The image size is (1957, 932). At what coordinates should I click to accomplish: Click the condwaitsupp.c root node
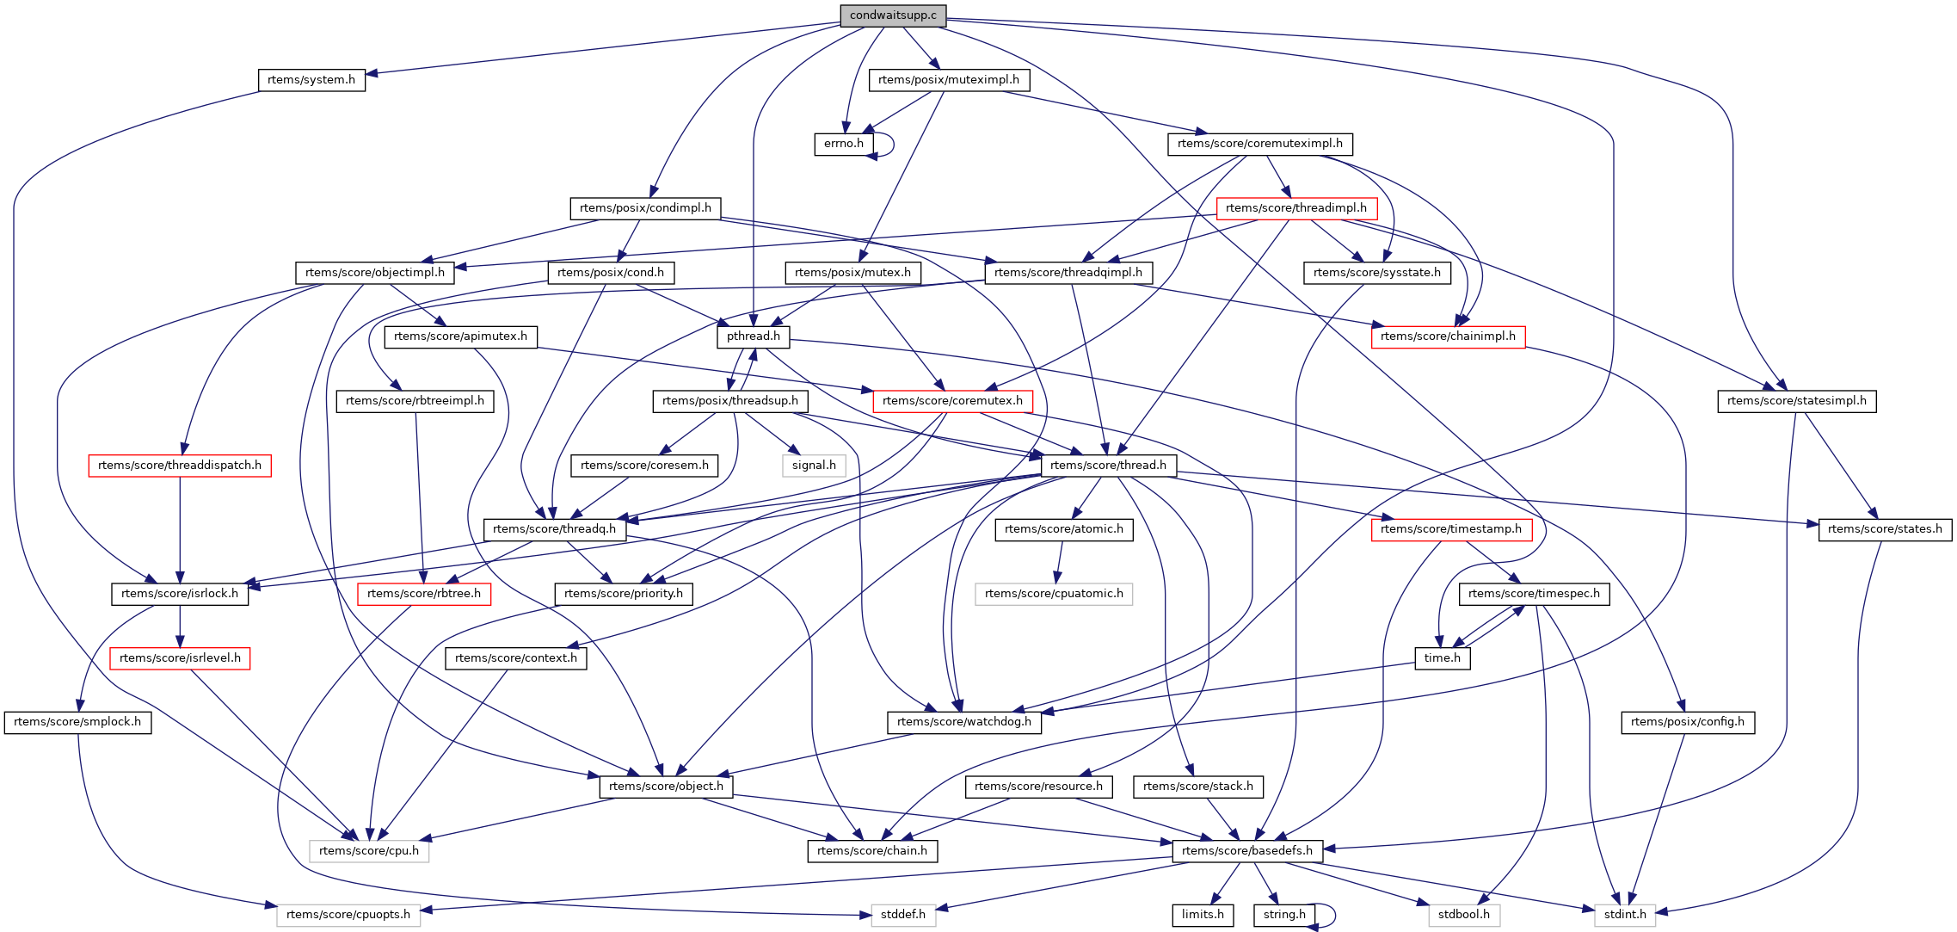(x=893, y=15)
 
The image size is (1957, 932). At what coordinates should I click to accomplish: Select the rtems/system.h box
(x=311, y=80)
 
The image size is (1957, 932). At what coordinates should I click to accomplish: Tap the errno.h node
(x=843, y=144)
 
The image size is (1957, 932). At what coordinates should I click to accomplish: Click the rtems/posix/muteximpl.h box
(x=949, y=80)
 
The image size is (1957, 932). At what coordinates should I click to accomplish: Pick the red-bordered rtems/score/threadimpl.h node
(x=1295, y=208)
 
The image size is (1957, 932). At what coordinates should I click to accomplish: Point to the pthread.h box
(x=753, y=336)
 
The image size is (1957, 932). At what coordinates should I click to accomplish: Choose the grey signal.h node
(x=814, y=466)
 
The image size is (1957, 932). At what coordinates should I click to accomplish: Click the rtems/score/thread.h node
(x=1108, y=466)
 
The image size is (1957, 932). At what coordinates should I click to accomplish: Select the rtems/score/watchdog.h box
(x=964, y=722)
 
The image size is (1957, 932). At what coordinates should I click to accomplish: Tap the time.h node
(x=1443, y=658)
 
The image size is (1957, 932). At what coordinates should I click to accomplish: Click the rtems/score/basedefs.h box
(x=1247, y=851)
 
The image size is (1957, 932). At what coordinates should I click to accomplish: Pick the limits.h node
(x=1203, y=915)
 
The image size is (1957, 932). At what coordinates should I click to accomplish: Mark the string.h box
(x=1284, y=915)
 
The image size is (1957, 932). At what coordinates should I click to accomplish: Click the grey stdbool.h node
(x=1464, y=915)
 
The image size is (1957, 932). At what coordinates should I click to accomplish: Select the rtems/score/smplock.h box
(x=77, y=722)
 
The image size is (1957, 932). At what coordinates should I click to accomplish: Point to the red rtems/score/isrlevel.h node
(x=180, y=658)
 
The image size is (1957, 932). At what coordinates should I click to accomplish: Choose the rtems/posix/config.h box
(x=1688, y=722)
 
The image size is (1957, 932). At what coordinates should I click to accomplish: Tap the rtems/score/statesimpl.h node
(x=1797, y=401)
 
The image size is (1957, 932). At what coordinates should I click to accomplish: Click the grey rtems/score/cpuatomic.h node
(x=1054, y=594)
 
